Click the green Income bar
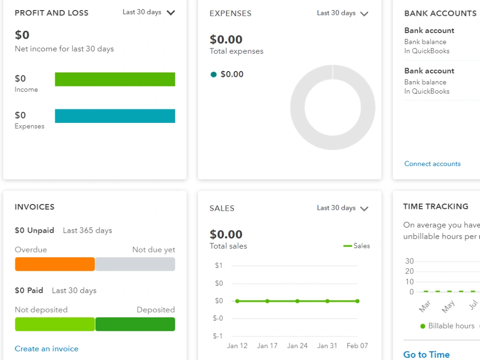tap(115, 79)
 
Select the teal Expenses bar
tap(115, 116)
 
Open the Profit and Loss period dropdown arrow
tap(171, 12)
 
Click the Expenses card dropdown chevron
tap(364, 14)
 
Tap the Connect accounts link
tap(432, 164)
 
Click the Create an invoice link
tap(47, 348)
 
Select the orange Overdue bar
tap(55, 264)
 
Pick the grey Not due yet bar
tap(135, 264)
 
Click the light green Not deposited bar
tap(55, 324)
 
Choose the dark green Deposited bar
tap(135, 324)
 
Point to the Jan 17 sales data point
tap(267, 301)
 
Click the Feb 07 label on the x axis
tap(357, 346)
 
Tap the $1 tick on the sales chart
tap(218, 265)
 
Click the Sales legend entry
tap(357, 246)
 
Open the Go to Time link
tap(426, 355)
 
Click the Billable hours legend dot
tap(423, 326)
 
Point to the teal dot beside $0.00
tap(214, 74)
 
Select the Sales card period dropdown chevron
tap(364, 209)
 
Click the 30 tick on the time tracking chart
tap(409, 261)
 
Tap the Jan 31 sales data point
tap(327, 301)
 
